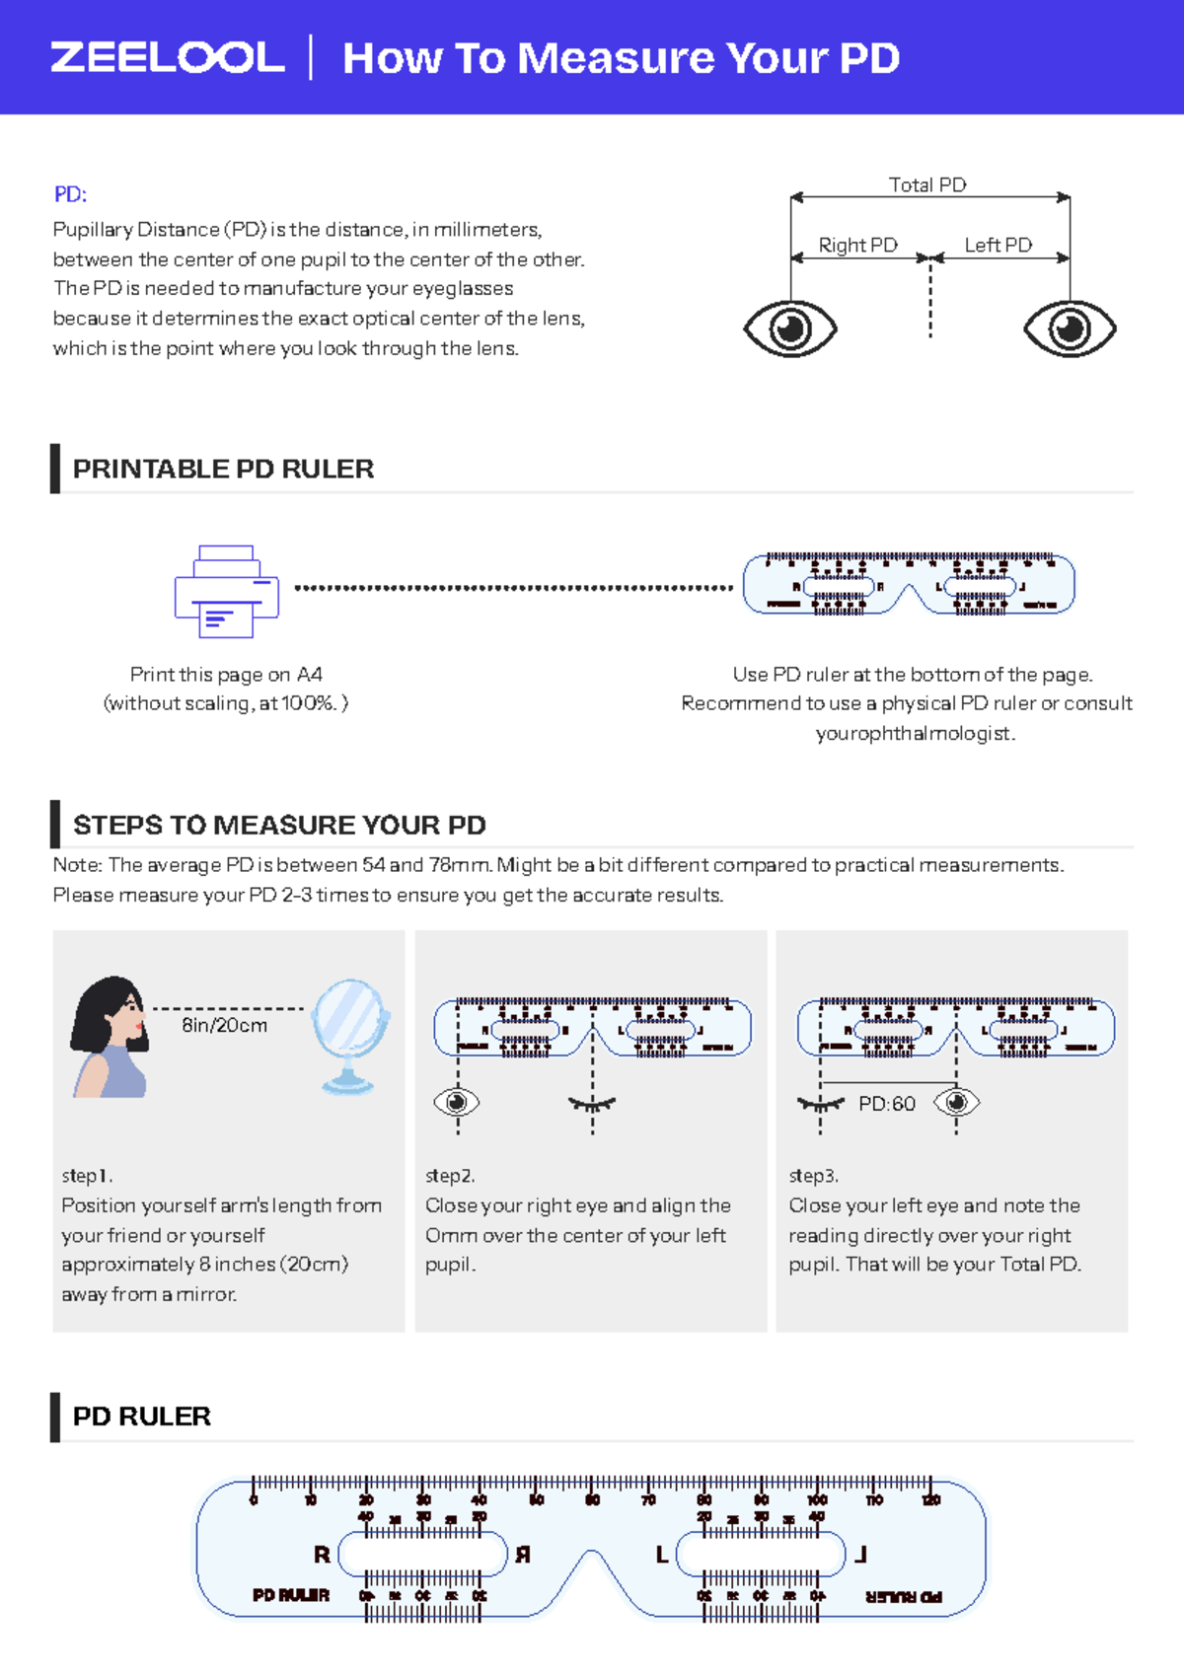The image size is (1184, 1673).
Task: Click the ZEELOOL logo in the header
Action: (168, 57)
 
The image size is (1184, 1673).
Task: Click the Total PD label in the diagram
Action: (927, 184)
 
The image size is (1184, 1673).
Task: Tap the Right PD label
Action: (857, 245)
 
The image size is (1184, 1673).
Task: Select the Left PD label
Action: (998, 245)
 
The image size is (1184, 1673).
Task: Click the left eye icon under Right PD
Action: (789, 328)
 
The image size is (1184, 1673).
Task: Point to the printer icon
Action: (227, 591)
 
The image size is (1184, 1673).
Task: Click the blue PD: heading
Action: (70, 194)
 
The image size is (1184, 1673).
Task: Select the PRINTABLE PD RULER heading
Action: (223, 469)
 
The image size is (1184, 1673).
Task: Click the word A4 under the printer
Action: (310, 675)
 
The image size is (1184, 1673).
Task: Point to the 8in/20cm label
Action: (224, 1026)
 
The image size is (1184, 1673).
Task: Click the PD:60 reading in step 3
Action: (886, 1104)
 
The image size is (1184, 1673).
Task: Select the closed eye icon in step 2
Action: (592, 1104)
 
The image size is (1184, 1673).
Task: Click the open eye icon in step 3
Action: (956, 1102)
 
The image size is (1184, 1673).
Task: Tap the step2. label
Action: (450, 1176)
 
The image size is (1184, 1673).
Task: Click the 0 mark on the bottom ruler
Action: (254, 1499)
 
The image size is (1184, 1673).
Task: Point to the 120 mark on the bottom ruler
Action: (930, 1499)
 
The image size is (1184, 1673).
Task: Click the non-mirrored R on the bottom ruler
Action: (322, 1555)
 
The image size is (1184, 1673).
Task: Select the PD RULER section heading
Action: (142, 1417)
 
